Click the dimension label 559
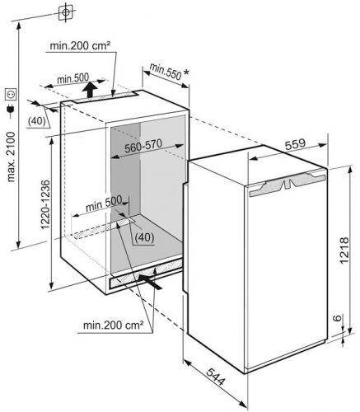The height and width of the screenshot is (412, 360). click(295, 144)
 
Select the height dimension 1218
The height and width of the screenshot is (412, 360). click(344, 250)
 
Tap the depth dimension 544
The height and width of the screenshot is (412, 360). click(216, 376)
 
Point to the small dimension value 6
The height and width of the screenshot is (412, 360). click(338, 318)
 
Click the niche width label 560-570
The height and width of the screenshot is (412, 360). click(143, 146)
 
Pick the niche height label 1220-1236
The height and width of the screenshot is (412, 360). click(45, 204)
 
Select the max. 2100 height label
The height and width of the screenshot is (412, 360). click(11, 157)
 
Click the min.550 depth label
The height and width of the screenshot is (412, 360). click(166, 72)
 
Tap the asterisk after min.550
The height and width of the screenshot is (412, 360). click(186, 73)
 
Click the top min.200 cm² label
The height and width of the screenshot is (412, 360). click(80, 45)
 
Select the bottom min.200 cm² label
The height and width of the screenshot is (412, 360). click(113, 325)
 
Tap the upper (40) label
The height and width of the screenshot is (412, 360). click(37, 120)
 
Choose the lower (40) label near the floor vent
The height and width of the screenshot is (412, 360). click(145, 237)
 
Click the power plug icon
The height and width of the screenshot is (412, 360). click(11, 110)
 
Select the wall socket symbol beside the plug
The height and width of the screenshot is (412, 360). click(11, 94)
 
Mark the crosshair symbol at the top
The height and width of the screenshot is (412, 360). click(65, 12)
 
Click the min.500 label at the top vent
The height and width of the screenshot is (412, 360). click(72, 79)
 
